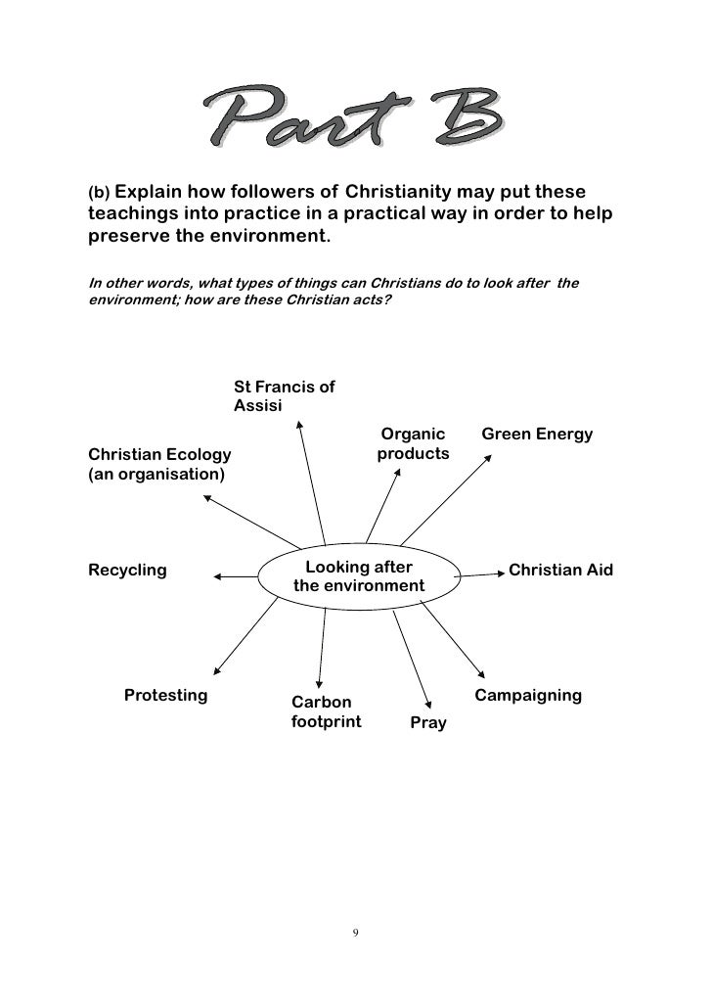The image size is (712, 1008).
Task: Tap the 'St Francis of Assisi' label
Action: pyautogui.click(x=284, y=395)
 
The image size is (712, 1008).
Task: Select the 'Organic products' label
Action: pyautogui.click(x=413, y=443)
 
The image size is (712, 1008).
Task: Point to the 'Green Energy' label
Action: pyautogui.click(x=537, y=434)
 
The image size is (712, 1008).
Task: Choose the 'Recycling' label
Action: pyautogui.click(x=127, y=570)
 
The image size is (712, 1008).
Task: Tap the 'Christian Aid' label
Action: pyautogui.click(x=560, y=570)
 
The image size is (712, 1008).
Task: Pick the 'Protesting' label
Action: pyautogui.click(x=166, y=696)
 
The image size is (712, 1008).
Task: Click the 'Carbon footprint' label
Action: pyautogui.click(x=326, y=712)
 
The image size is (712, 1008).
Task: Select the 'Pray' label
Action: pyautogui.click(x=428, y=723)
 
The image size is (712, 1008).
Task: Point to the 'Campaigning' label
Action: pyautogui.click(x=528, y=696)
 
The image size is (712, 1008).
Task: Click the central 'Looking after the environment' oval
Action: pyautogui.click(x=359, y=576)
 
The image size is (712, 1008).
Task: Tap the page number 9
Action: pyautogui.click(x=355, y=932)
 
